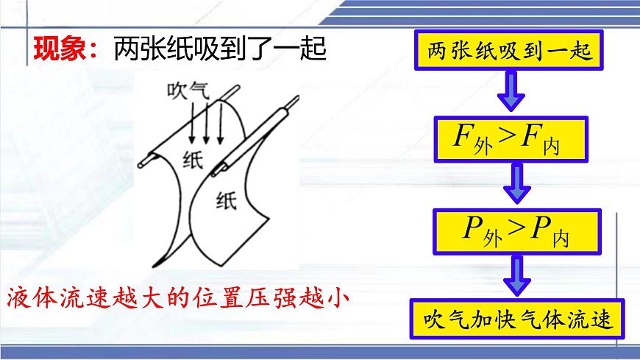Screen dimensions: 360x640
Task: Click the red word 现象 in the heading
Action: click(x=62, y=49)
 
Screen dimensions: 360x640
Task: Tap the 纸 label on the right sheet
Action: click(x=226, y=200)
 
